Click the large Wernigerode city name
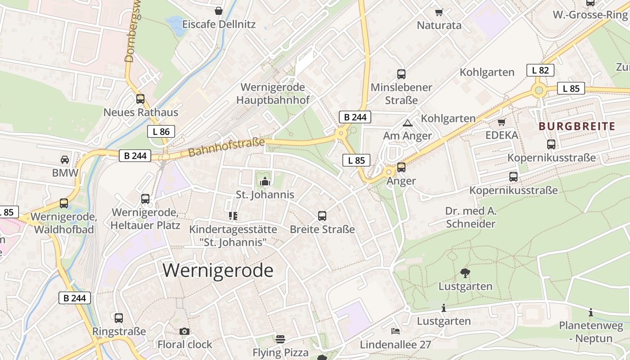click(218, 270)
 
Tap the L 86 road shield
click(161, 131)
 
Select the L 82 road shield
click(540, 70)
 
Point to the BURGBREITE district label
click(576, 126)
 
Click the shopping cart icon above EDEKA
click(502, 122)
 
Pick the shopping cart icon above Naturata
click(439, 12)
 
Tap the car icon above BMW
click(65, 159)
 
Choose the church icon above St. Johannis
click(265, 182)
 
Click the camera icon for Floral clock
click(184, 332)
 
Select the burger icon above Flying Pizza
click(280, 339)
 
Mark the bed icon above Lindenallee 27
click(396, 332)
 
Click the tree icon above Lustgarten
click(465, 273)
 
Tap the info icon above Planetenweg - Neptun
click(591, 312)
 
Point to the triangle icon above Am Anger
click(408, 122)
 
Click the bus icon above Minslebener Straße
click(401, 74)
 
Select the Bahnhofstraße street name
click(226, 148)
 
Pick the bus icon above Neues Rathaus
click(140, 99)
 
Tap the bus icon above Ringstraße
click(119, 318)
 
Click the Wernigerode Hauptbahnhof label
click(273, 94)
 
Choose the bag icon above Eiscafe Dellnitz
click(219, 11)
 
